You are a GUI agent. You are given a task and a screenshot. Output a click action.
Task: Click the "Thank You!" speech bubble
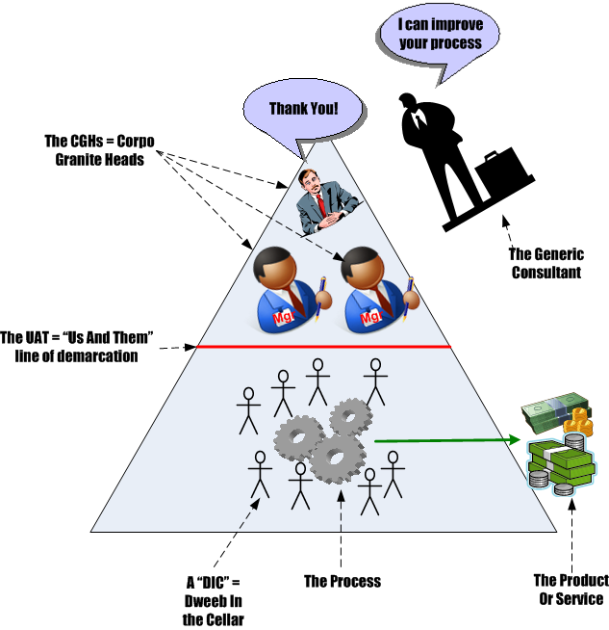303,107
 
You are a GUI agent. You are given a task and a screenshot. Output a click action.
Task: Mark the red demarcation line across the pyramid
323,346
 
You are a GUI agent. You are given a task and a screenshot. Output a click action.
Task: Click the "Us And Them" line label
77,346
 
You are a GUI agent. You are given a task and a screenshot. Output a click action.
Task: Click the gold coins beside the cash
578,422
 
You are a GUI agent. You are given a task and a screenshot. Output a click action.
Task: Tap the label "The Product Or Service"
570,589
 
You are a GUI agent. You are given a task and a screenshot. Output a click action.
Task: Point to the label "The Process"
342,581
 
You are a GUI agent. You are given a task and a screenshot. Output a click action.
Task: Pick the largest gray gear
332,458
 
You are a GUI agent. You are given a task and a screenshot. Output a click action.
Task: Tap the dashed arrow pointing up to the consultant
511,231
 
